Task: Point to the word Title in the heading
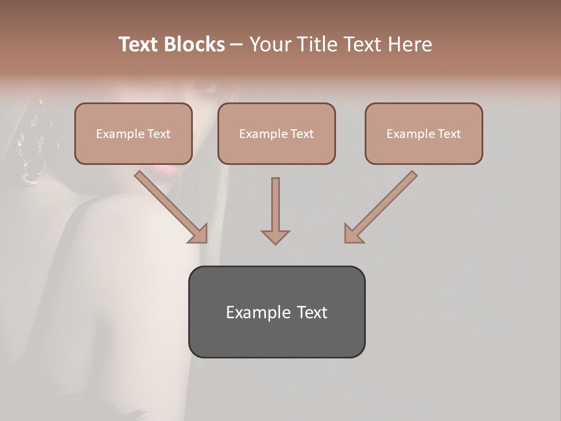(x=316, y=44)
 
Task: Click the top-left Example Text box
(x=133, y=133)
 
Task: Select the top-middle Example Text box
(x=276, y=133)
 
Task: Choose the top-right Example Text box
(x=424, y=133)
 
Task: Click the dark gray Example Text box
(x=276, y=312)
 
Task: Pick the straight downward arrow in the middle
(x=275, y=210)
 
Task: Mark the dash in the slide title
(x=237, y=45)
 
